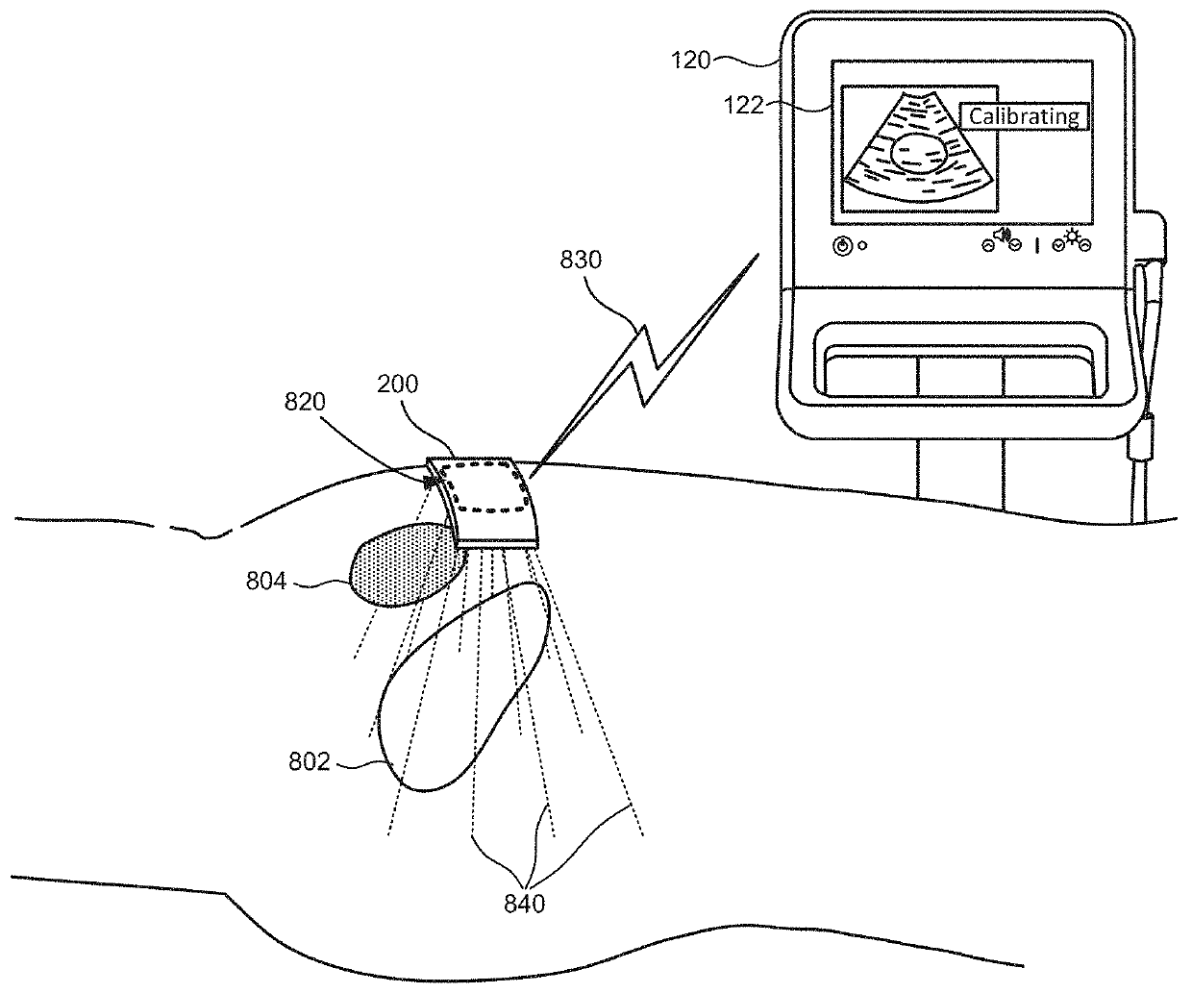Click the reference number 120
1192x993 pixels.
(690, 61)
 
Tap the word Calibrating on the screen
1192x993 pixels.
(1024, 117)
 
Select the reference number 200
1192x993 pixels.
(397, 385)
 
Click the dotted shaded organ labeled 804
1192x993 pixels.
(399, 568)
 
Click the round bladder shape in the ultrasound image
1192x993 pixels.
(919, 153)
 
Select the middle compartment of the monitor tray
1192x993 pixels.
(961, 376)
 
